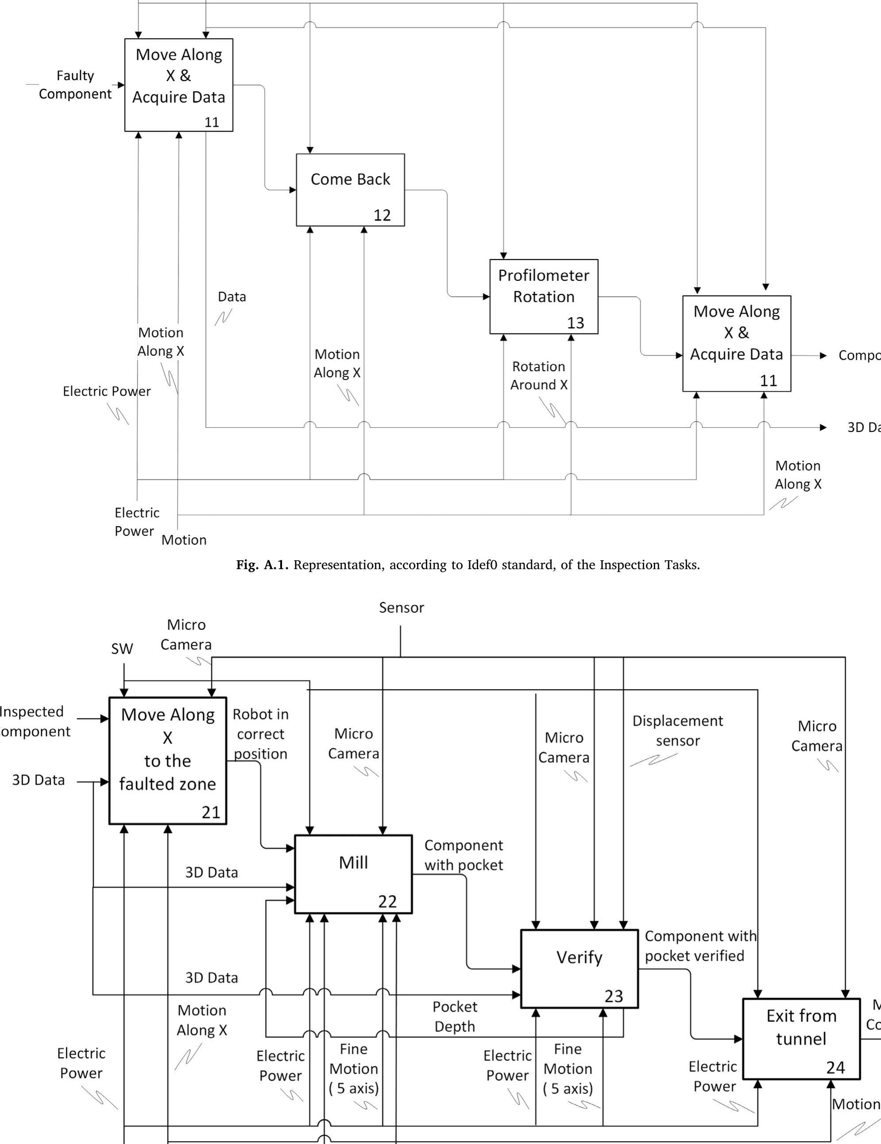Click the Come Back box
coord(350,190)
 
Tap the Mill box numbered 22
coord(353,874)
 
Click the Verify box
coord(579,968)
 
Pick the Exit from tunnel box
coord(801,1038)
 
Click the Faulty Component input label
coord(75,85)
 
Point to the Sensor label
coord(402,608)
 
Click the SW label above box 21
coord(122,649)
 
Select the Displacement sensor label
coord(677,731)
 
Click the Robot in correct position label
coord(260,734)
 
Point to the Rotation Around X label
coord(539,376)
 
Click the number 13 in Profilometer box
coord(575,323)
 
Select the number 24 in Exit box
coord(835,1067)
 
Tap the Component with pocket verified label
coord(700,946)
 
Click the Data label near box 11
coord(232,297)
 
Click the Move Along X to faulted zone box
coord(167,760)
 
